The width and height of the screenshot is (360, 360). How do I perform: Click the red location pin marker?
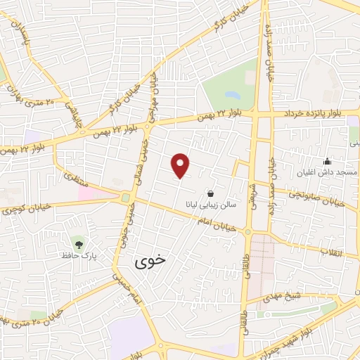pyautogui.click(x=181, y=165)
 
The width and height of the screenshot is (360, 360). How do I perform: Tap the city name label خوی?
pyautogui.click(x=150, y=260)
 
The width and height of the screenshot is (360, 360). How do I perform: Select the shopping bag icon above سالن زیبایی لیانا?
pyautogui.click(x=211, y=193)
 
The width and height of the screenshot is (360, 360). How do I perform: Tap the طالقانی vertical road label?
pyautogui.click(x=245, y=310)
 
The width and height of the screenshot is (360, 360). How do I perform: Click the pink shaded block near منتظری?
pyautogui.click(x=94, y=192)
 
